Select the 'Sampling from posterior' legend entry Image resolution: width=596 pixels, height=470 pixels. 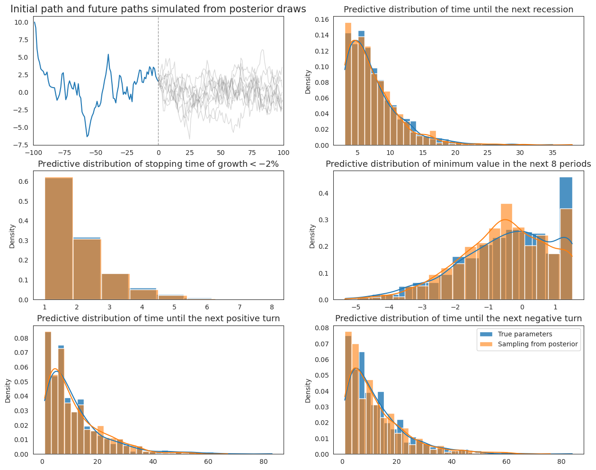(529, 344)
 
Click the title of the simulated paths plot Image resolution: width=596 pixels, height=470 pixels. (158, 9)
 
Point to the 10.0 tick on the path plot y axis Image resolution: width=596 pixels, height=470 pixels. (21, 22)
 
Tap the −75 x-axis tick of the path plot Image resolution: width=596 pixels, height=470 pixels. (64, 153)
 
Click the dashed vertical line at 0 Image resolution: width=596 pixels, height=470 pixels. (159, 81)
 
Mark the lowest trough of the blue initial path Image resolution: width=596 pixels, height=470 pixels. (87, 136)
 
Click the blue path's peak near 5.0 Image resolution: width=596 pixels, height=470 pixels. (108, 54)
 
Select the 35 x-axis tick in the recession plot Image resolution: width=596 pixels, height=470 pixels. (552, 153)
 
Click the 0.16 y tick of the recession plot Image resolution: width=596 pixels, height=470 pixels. (322, 19)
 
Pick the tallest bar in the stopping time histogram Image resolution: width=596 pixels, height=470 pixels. (59, 238)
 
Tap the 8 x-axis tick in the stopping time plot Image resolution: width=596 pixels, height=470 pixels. (272, 307)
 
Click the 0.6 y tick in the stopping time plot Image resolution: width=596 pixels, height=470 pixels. (24, 181)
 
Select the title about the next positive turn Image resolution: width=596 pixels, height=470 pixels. (159, 318)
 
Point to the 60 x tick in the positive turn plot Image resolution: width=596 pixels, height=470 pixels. (208, 461)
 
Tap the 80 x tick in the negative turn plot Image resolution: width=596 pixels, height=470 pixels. (561, 461)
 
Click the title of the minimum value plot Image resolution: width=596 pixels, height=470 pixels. (458, 164)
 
